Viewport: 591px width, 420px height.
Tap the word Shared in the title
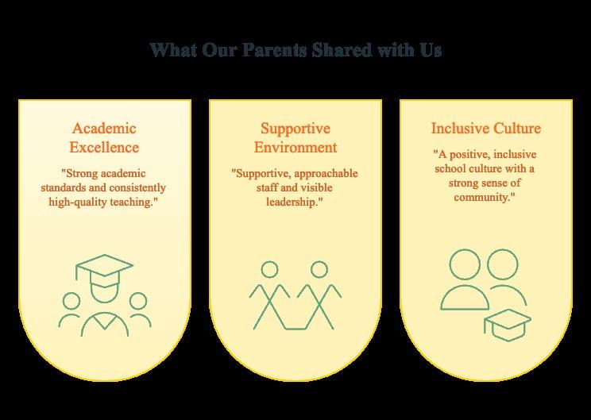[x=342, y=50]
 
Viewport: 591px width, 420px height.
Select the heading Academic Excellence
[x=104, y=137]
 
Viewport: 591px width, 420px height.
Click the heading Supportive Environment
[x=295, y=137]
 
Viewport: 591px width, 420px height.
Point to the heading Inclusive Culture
[x=486, y=128]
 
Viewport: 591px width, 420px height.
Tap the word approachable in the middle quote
[x=326, y=174]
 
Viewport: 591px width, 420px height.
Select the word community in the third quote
[x=482, y=198]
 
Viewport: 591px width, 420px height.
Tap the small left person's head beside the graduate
[x=71, y=301]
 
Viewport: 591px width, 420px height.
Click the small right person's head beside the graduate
[x=138, y=301]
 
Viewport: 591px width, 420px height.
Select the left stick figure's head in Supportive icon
[x=269, y=270]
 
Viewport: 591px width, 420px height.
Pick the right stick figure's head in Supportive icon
[x=319, y=270]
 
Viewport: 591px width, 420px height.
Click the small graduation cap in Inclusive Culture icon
[x=508, y=325]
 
